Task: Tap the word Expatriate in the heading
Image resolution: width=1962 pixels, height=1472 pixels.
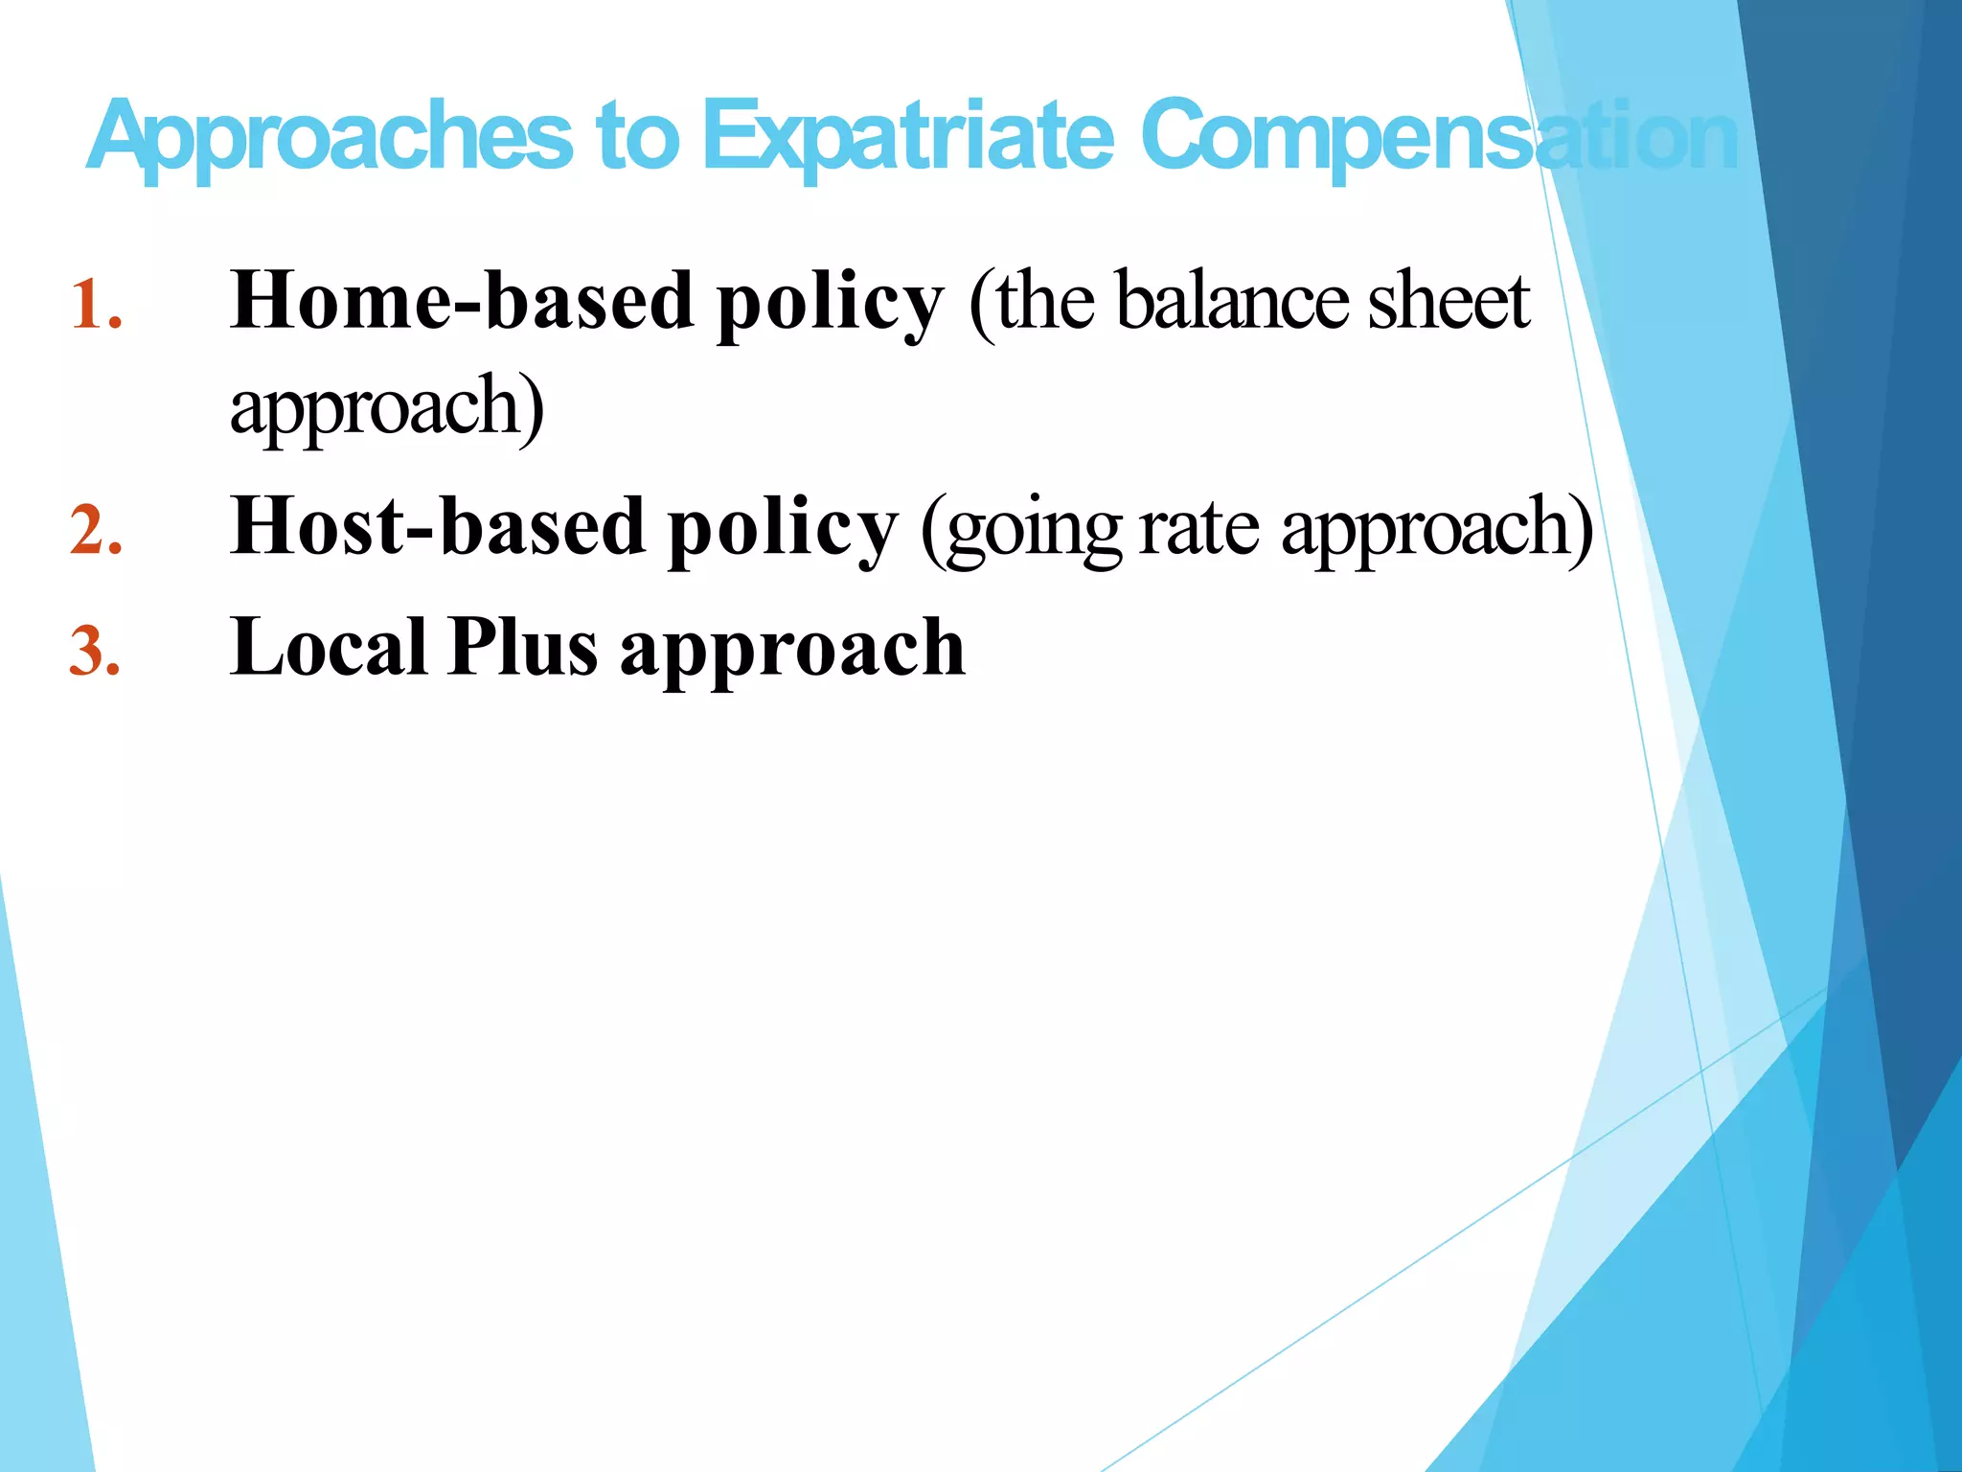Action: [908, 137]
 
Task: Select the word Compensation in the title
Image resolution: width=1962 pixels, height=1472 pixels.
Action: [1437, 137]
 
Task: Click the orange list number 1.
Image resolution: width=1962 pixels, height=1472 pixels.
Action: [96, 305]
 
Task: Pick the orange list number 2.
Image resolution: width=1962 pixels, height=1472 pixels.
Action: [96, 530]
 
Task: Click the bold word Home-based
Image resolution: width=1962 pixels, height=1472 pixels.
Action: [462, 301]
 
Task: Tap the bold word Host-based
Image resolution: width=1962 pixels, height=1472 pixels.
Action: [437, 526]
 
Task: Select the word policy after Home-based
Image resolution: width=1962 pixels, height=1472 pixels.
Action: [830, 305]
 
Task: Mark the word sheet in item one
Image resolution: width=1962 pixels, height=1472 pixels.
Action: [1448, 301]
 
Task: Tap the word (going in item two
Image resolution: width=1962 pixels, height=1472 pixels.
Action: [1021, 530]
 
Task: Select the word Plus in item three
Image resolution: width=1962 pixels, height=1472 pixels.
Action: [523, 648]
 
